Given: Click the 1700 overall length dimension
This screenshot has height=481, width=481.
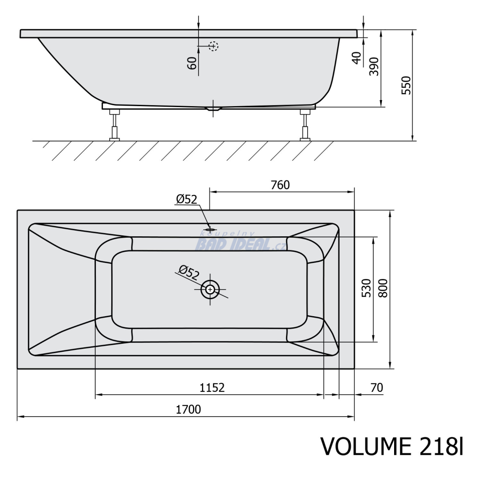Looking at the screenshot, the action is pos(188,410).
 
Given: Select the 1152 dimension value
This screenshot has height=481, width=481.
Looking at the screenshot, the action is pos(212,388).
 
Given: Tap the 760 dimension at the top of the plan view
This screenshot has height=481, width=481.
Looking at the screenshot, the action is pos(280,185).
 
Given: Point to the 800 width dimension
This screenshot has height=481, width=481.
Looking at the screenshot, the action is pos(383,288).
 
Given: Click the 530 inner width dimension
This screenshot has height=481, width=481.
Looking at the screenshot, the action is pos(366,288).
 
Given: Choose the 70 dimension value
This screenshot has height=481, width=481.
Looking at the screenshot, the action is pos(377,388).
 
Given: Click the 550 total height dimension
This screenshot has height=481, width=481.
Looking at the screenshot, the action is pos(406,85).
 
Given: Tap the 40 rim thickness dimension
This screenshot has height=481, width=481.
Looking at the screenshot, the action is pos(357,58).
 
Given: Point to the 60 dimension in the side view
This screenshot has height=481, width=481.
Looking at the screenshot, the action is pos(192,63).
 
